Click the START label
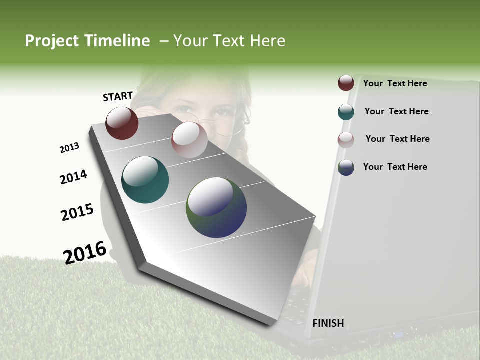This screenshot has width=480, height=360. [118, 96]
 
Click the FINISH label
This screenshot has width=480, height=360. [328, 323]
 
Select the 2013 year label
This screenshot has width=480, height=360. [69, 148]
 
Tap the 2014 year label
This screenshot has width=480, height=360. [73, 177]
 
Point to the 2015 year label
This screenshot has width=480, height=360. [77, 212]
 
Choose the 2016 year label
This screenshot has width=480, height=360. [85, 252]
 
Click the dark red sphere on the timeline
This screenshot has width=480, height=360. [122, 123]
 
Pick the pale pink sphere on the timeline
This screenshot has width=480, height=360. [189, 139]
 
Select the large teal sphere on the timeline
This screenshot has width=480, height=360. [145, 180]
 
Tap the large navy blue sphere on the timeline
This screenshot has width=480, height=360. [216, 207]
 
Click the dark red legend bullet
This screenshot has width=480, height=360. [346, 83]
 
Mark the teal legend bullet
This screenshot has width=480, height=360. [346, 112]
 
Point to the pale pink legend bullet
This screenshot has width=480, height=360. [346, 140]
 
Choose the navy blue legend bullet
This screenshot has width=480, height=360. [346, 167]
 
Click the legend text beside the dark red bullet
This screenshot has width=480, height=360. [395, 83]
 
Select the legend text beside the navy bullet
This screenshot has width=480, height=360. [395, 167]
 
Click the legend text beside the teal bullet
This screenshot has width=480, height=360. [396, 111]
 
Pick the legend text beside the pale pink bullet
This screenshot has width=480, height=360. [397, 139]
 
